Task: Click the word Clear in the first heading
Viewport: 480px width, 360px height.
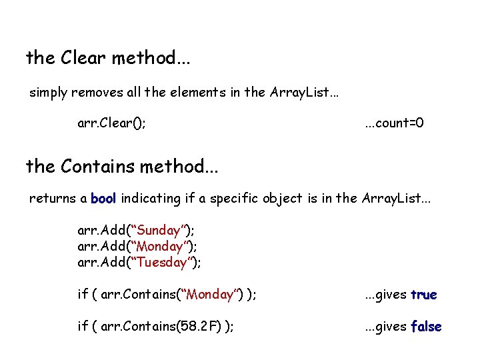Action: click(83, 58)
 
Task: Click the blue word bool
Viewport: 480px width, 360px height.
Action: click(103, 199)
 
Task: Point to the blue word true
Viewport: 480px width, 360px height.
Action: click(424, 295)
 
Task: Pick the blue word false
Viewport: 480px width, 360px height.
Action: click(426, 327)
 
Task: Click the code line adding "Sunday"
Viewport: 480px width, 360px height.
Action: click(136, 231)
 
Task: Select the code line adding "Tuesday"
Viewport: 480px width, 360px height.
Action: click(139, 262)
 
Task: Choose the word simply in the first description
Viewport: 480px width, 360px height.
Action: click(48, 93)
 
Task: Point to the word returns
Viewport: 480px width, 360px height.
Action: click(51, 199)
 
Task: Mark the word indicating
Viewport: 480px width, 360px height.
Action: click(153, 199)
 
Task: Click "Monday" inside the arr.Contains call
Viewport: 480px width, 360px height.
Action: click(210, 295)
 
